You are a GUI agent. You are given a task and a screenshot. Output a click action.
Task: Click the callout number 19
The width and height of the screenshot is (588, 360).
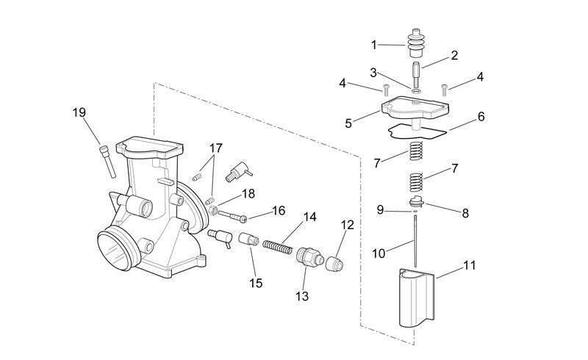(79, 112)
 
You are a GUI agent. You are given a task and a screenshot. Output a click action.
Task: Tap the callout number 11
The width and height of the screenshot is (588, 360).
(470, 265)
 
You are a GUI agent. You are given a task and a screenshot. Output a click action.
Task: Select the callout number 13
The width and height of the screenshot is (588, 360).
(302, 296)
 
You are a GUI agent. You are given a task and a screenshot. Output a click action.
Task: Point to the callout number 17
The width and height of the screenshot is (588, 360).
(215, 148)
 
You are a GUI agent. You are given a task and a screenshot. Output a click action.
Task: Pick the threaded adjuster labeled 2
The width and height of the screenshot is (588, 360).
(416, 74)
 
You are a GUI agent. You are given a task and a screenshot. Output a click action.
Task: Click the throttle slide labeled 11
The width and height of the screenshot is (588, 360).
(416, 298)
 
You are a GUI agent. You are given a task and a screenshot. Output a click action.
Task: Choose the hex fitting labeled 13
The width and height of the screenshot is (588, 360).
(309, 257)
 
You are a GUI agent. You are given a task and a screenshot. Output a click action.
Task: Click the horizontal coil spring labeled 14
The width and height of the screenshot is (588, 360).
(278, 247)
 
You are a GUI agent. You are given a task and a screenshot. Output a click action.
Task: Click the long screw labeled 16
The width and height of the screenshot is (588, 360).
(232, 215)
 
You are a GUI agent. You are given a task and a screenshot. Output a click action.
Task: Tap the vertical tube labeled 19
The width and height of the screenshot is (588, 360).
(107, 161)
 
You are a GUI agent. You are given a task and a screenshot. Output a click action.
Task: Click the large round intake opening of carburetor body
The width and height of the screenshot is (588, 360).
(114, 251)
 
